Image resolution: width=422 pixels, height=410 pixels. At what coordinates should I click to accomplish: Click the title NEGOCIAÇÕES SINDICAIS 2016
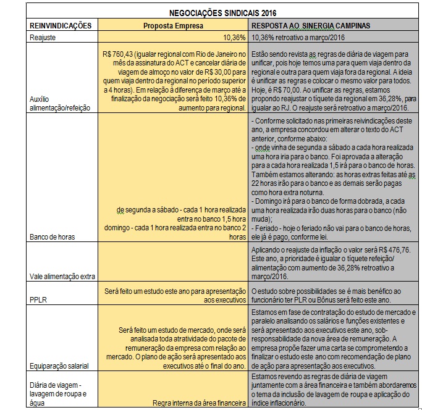pyautogui.click(x=214, y=12)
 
